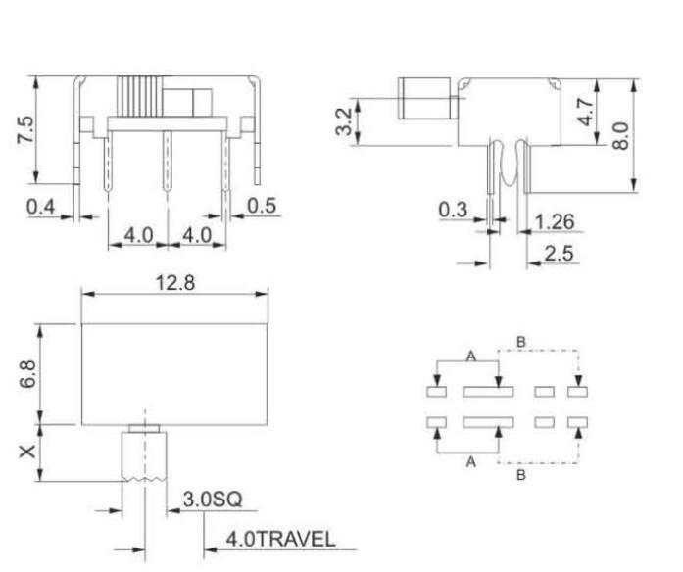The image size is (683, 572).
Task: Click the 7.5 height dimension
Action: (26, 130)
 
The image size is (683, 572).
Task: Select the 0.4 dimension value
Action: (41, 207)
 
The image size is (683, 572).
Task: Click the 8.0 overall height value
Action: (620, 133)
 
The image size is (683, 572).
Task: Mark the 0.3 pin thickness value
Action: (453, 210)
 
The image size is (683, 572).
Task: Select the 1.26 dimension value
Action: (555, 222)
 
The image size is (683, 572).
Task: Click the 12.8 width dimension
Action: (174, 282)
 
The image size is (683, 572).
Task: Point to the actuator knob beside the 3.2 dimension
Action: (422, 101)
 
